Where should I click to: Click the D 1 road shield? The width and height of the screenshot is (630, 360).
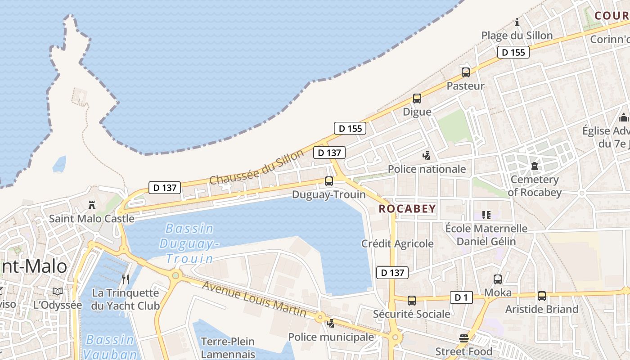[x=461, y=297]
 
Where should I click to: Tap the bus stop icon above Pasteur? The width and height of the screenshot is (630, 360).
[x=466, y=72]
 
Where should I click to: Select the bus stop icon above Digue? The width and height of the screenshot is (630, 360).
[x=417, y=99]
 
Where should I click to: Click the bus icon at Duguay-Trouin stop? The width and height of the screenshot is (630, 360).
[x=329, y=181]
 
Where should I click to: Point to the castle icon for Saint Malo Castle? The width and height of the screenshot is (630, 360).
[x=92, y=205]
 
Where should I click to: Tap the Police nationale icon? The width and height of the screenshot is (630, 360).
[x=426, y=156]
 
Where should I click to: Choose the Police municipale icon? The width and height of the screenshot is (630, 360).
[x=331, y=323]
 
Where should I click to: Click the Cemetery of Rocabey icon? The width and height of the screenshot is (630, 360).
[x=534, y=166]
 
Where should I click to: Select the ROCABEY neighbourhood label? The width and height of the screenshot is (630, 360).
[x=407, y=208]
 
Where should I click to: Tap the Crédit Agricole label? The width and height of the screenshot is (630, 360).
[x=397, y=243]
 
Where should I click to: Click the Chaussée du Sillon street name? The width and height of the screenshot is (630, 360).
[x=257, y=167]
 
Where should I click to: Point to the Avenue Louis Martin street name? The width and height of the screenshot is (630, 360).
[x=254, y=299]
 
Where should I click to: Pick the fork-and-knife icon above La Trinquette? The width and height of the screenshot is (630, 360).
[x=126, y=279]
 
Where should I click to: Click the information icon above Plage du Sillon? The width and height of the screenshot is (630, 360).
[x=517, y=22]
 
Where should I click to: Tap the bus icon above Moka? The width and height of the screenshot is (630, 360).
[x=498, y=279]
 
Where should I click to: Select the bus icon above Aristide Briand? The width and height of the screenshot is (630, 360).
[x=542, y=296]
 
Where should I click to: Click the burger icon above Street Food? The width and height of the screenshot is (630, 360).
[x=464, y=338]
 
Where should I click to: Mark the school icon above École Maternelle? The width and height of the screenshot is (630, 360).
[x=486, y=215]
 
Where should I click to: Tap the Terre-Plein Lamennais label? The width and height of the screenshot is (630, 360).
[x=228, y=348]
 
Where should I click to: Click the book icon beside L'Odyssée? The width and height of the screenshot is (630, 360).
[x=58, y=292]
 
